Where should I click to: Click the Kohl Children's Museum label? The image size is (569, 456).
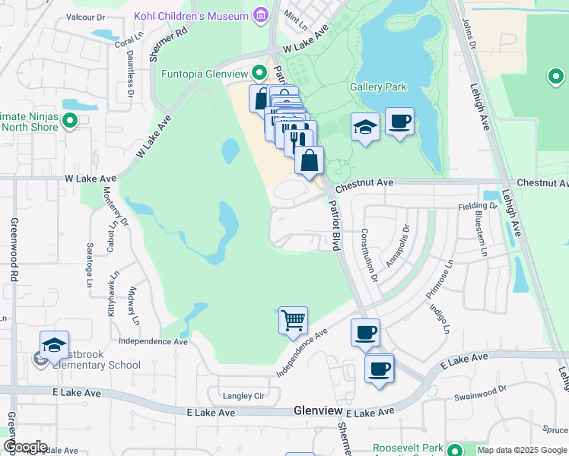(191, 16)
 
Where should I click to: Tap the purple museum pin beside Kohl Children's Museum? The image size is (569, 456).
(261, 15)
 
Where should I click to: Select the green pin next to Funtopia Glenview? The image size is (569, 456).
(259, 74)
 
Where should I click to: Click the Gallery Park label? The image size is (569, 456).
(378, 87)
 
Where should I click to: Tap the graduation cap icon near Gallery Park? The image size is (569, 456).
(365, 127)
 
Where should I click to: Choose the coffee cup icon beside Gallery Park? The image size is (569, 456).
(399, 122)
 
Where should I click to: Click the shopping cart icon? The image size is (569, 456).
(293, 320)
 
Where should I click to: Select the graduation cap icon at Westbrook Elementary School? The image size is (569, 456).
(54, 345)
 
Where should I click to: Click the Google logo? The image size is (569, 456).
(25, 447)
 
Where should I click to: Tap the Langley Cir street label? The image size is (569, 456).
(243, 396)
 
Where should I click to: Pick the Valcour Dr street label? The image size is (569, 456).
(85, 16)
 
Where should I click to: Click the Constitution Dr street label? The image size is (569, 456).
(369, 255)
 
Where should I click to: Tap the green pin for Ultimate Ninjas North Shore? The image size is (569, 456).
(70, 121)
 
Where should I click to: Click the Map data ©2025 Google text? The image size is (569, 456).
(521, 451)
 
